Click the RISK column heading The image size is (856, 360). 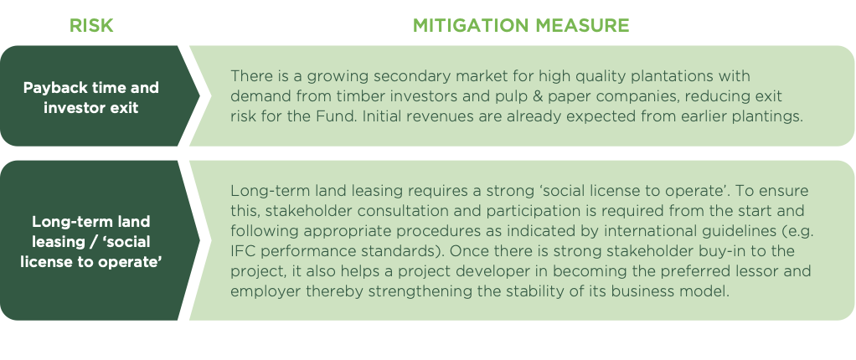click(x=91, y=26)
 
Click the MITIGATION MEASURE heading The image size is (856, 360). click(x=521, y=26)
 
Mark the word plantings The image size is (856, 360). click(x=764, y=117)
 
